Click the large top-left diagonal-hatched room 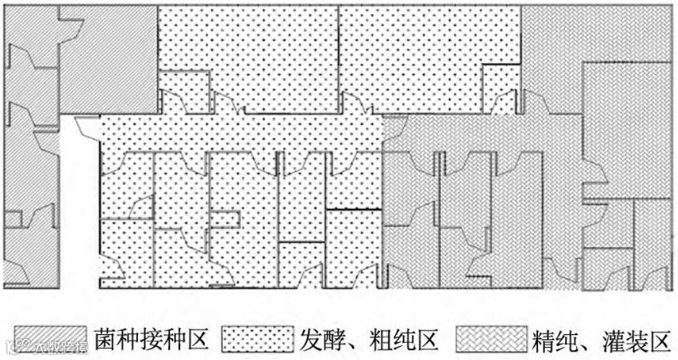107,59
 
